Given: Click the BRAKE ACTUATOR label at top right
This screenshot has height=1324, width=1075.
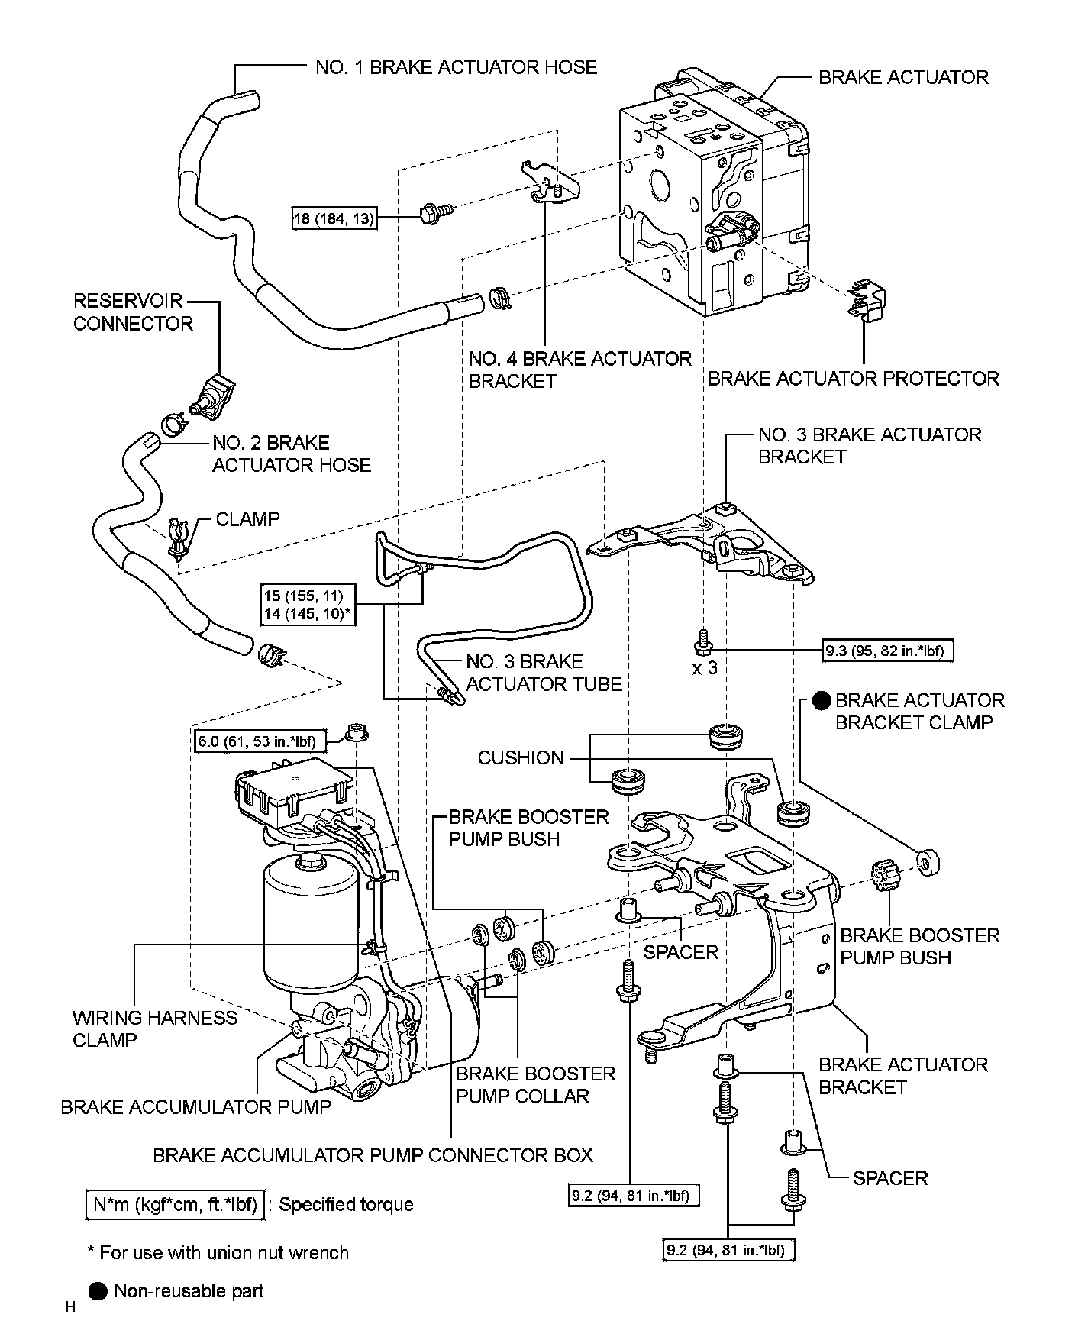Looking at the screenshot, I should (x=902, y=77).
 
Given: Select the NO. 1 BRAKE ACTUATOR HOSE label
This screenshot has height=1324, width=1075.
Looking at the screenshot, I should (x=456, y=67).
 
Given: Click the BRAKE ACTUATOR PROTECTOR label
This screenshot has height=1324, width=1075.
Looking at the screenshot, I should (x=853, y=379).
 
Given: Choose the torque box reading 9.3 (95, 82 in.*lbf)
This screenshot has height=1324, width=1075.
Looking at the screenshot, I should (x=888, y=651).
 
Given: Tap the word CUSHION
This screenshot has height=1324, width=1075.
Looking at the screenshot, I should (x=521, y=757).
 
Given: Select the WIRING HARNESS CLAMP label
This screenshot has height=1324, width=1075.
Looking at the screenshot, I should (x=155, y=1029).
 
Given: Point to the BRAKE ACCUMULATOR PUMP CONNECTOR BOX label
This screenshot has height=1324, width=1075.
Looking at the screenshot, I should (x=373, y=1154).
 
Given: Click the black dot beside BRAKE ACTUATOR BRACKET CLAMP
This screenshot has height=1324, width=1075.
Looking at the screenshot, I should (x=822, y=700).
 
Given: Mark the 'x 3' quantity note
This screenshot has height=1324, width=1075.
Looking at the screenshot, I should (x=704, y=668).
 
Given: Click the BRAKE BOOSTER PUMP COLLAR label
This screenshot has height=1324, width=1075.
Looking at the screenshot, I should (x=535, y=1085).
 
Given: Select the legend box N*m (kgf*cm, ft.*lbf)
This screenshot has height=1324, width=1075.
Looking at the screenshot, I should (x=176, y=1204).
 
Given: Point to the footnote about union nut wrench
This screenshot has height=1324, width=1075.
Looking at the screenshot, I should (x=218, y=1252).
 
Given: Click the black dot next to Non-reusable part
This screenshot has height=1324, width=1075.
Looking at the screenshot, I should (x=98, y=1291).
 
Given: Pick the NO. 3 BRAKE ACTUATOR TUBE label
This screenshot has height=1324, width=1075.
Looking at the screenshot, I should (x=543, y=673).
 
